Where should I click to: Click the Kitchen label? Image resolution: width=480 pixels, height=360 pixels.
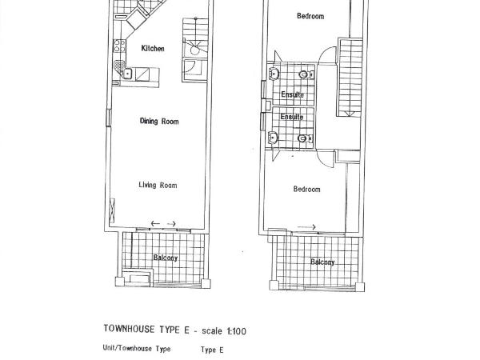tap(153, 49)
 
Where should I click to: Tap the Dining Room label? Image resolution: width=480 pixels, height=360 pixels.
tap(158, 122)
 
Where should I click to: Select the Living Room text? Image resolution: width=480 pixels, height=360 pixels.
tap(158, 186)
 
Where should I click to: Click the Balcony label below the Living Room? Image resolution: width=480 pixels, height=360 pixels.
tap(166, 258)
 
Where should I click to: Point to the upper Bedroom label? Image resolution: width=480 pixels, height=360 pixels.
tap(310, 16)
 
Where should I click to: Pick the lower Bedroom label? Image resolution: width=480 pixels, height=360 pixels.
tap(306, 190)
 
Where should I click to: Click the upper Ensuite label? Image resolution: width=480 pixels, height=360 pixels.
tap(291, 95)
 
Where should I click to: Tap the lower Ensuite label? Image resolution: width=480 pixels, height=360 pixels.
tap(291, 117)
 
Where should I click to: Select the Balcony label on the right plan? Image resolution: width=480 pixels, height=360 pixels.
tap(322, 262)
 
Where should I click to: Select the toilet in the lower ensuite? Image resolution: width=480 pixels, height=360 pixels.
tap(303, 138)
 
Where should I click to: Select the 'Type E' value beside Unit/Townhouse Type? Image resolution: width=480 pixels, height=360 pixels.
tap(212, 350)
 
